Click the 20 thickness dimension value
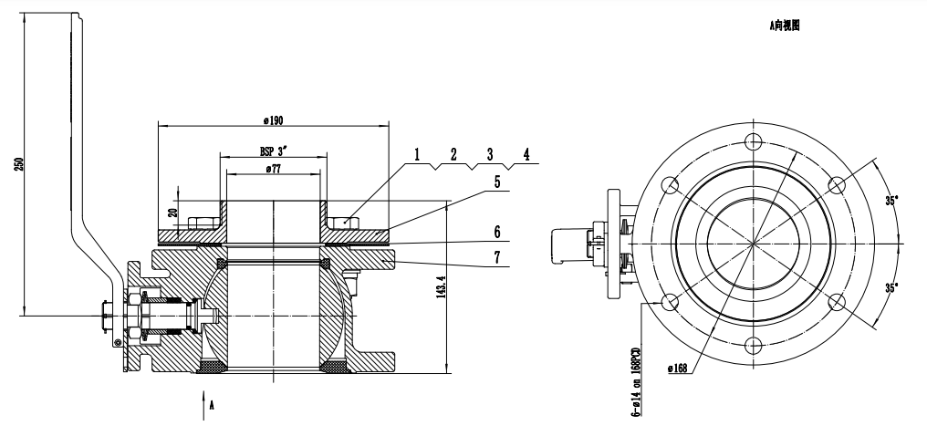tap(174, 213)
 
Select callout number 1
tap(416, 154)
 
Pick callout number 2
tap(453, 154)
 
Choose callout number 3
tap(489, 154)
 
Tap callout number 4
tap(526, 154)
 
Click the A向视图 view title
tap(784, 29)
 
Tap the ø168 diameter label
tap(677, 368)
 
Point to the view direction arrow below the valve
tap(203, 406)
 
